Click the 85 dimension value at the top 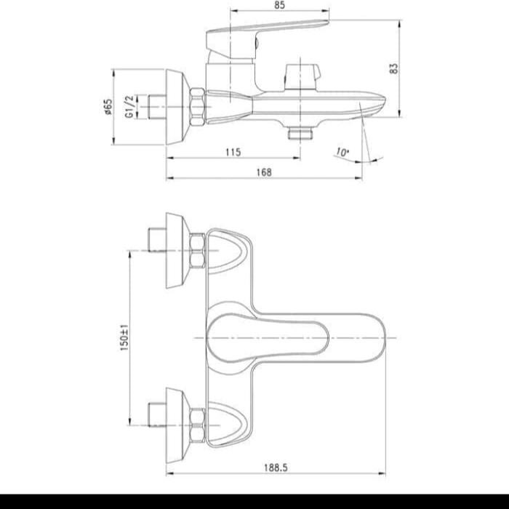(280, 5)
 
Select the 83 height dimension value (394, 68)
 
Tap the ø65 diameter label (108, 107)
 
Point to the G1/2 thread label (130, 106)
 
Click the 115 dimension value (233, 152)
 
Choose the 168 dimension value (264, 172)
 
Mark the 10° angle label (342, 153)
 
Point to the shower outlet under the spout (299, 133)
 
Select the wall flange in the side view (177, 106)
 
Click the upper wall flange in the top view (177, 251)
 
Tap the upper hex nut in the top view (197, 251)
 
